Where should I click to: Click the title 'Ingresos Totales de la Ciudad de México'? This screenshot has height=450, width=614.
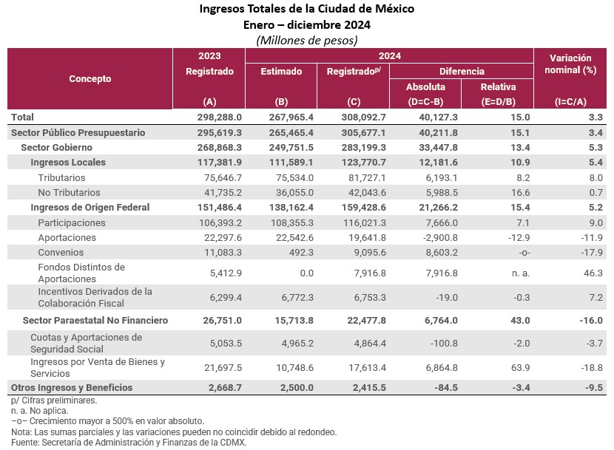coord(307,10)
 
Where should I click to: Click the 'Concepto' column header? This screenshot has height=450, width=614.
coord(90,78)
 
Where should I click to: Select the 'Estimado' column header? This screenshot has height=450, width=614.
coord(281,72)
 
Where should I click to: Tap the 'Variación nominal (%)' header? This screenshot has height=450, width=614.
coord(570,64)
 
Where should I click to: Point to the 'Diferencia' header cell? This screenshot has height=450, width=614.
coord(462,72)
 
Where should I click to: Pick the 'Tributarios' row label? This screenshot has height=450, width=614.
coord(61,177)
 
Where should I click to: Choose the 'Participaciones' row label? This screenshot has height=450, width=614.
coord(72,222)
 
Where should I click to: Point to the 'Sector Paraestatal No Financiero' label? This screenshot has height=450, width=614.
coord(95,321)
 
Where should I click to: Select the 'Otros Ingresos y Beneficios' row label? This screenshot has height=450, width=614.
coord(72,388)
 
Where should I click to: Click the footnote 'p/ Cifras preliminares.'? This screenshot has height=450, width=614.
coord(54,400)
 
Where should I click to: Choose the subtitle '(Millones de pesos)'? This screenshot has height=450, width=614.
coord(306,40)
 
